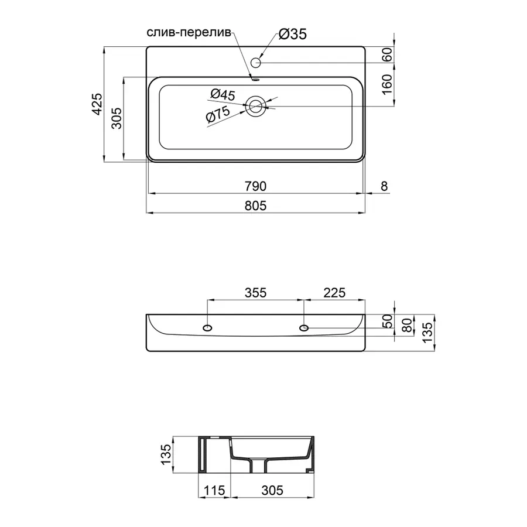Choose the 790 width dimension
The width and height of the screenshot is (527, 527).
pos(255,186)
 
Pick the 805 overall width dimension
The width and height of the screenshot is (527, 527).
pos(255,205)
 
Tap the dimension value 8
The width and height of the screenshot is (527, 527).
pos(384,186)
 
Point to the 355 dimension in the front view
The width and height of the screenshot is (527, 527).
pos(255,292)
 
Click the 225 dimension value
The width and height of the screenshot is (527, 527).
pos(334,292)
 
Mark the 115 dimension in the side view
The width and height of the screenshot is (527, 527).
pos(215,490)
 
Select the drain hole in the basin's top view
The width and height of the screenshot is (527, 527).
pos(256,107)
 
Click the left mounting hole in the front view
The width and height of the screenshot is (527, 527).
pos(207,327)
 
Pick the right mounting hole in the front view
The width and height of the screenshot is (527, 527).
pos(304,327)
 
